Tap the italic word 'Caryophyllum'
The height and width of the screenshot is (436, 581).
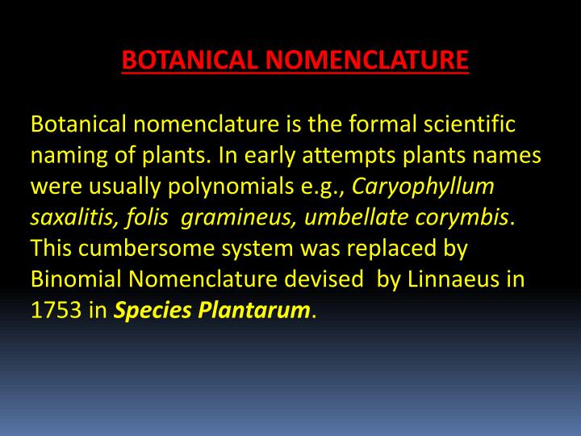click(x=423, y=187)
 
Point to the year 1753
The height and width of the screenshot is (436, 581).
click(x=56, y=309)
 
